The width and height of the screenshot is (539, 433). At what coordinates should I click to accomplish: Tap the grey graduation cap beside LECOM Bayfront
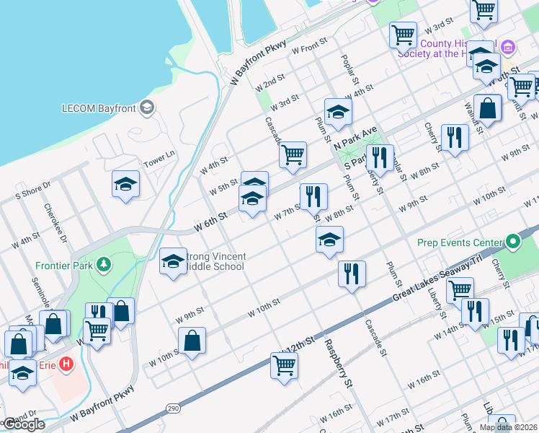click(x=147, y=108)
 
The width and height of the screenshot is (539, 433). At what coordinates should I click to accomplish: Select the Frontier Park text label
click(x=63, y=265)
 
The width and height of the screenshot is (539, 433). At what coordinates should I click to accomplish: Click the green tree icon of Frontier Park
click(x=104, y=265)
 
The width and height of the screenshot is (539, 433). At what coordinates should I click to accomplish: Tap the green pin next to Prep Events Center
click(x=512, y=241)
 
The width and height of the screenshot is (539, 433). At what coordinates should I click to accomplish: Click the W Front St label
click(x=309, y=49)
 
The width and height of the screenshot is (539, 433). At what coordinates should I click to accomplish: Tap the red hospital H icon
click(x=66, y=364)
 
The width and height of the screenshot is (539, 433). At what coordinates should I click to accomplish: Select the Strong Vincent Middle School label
click(x=214, y=261)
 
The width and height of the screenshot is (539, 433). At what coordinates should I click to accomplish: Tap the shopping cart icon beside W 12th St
click(x=285, y=365)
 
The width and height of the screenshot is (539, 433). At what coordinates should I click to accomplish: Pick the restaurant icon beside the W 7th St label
click(x=313, y=196)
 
